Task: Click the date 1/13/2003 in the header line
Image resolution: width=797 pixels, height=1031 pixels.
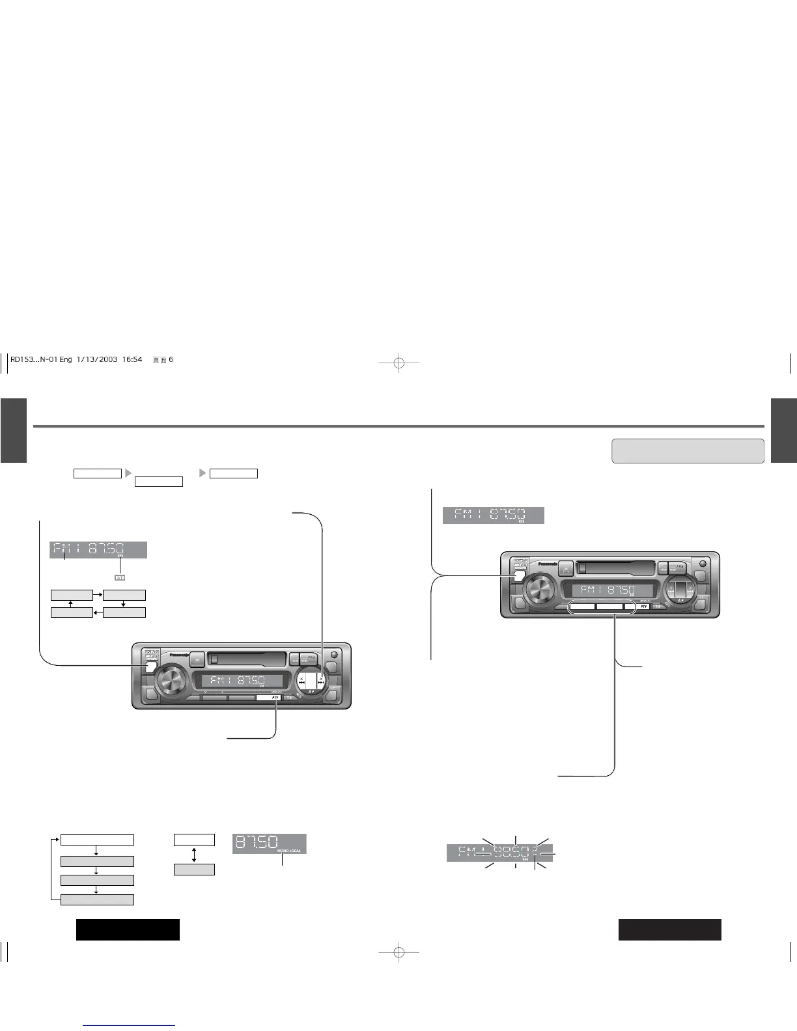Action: [96, 360]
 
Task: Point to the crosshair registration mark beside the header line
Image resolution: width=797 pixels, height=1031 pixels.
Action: [399, 362]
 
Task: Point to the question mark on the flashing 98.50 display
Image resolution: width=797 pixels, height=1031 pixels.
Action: [535, 851]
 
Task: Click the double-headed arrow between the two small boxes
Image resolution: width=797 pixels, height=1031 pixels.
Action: [194, 855]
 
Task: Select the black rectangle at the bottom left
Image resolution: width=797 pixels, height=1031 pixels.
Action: [128, 929]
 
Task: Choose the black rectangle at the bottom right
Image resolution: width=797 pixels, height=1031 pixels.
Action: [669, 929]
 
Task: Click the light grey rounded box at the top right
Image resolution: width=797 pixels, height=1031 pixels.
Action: [688, 450]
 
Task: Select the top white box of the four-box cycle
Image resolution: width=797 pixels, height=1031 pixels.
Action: [97, 840]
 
